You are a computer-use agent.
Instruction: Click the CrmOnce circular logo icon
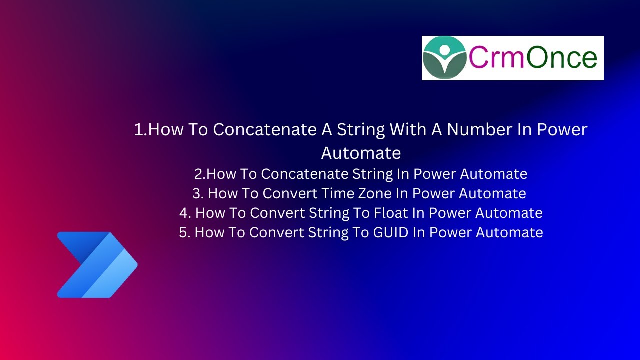[445, 58]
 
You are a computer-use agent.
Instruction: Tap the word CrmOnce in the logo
[533, 58]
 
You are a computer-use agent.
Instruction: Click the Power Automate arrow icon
[97, 265]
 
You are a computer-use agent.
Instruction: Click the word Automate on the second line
[361, 153]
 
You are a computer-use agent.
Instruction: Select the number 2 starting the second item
[198, 174]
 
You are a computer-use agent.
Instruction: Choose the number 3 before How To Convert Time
[196, 193]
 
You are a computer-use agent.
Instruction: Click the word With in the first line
[408, 130]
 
